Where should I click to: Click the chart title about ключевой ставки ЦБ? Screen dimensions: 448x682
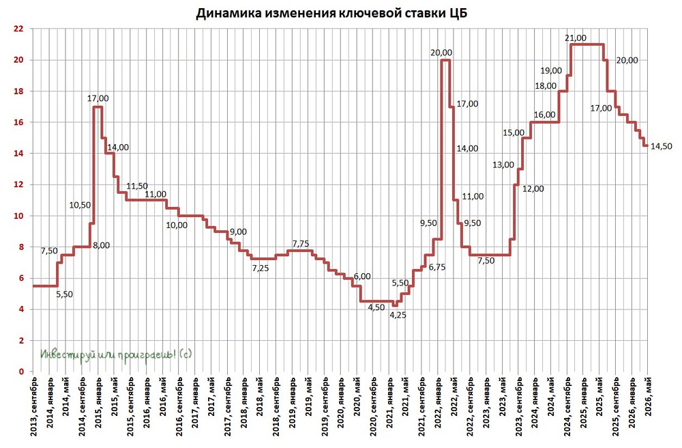[x=341, y=14]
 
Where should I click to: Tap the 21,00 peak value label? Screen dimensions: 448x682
[x=577, y=38]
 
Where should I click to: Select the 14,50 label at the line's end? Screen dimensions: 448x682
[x=662, y=146]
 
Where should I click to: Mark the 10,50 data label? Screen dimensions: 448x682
[x=80, y=204]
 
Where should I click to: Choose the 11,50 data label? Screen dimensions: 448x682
[x=138, y=186]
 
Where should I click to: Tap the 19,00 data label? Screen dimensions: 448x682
[x=551, y=70]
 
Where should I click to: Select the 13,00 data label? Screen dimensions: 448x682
[x=503, y=165]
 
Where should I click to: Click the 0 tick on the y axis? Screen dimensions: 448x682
[x=21, y=372]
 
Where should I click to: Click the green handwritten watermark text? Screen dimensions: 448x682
[x=117, y=354]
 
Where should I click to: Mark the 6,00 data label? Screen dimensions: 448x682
[x=362, y=276]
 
